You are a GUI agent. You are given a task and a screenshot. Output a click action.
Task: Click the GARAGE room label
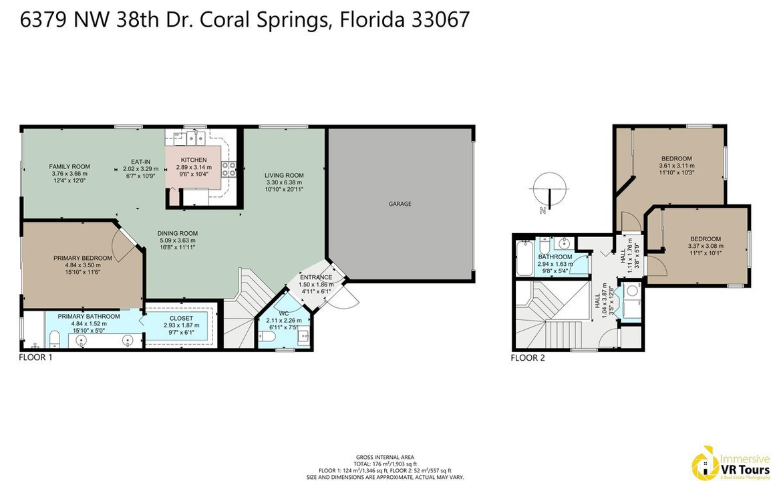401,204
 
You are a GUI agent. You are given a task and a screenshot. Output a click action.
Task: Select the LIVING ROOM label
284,175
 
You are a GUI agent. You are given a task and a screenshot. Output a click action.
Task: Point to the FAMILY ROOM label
69,166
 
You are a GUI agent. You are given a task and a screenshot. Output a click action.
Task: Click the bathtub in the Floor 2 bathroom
524,260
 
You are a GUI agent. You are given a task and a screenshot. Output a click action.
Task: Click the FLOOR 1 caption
35,357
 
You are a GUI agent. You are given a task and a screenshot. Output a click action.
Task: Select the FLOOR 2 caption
528,357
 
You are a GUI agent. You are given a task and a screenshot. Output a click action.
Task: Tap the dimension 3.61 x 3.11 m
677,166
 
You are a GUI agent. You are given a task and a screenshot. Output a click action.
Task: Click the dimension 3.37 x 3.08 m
706,246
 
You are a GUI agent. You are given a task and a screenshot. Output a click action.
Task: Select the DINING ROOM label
177,233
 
